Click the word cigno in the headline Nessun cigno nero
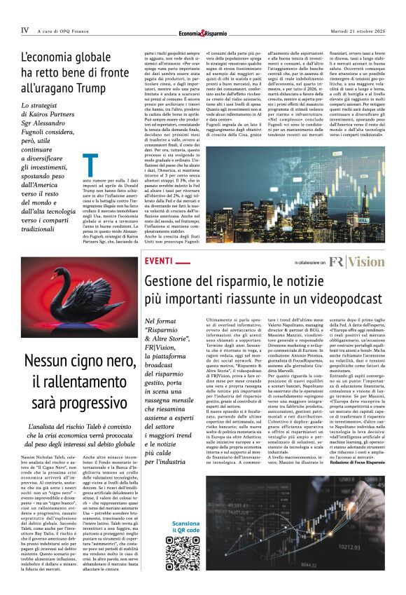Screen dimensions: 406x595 [x=78, y=361]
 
